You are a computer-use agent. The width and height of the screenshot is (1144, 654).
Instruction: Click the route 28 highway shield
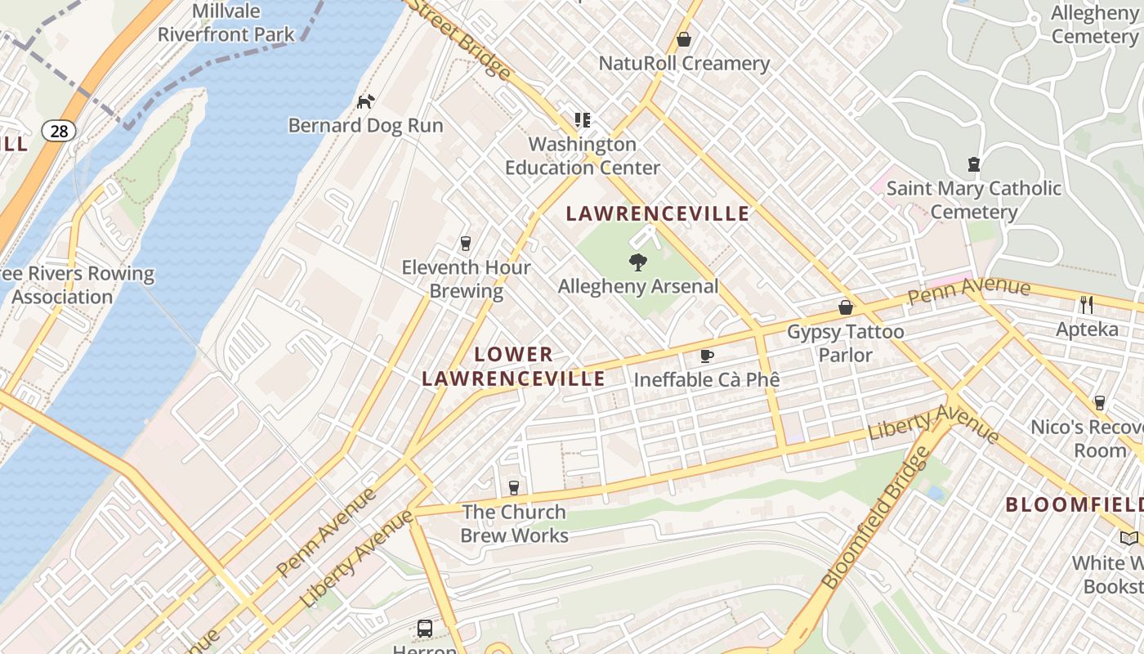tap(59, 131)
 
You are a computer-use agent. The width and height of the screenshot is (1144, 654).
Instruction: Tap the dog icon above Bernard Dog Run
tap(366, 101)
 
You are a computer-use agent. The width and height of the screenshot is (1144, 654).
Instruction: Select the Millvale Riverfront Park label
tap(226, 23)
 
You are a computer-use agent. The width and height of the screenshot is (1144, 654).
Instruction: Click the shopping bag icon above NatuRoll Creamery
tap(684, 39)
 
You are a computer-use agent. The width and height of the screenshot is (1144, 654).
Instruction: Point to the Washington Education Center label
tap(583, 155)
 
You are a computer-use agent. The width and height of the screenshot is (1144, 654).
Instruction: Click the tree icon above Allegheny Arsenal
tap(637, 262)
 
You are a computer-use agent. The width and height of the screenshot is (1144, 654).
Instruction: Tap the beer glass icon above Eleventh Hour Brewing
tap(466, 243)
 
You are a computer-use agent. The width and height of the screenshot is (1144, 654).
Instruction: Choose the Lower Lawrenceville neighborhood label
tap(513, 366)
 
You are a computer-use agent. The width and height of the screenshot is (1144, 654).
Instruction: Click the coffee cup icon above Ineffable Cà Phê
tap(707, 356)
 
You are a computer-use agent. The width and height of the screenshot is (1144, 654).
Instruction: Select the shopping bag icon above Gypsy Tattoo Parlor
tap(846, 307)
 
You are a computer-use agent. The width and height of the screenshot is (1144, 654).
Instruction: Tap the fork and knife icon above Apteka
tap(1086, 305)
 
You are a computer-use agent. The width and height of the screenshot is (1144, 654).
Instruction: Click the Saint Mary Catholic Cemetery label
tap(974, 199)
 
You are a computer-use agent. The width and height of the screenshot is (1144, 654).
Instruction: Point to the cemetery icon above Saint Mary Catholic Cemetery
tap(973, 164)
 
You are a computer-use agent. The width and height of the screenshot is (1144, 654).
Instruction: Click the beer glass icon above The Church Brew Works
tap(514, 488)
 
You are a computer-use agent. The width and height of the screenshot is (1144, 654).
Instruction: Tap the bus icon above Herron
tap(425, 629)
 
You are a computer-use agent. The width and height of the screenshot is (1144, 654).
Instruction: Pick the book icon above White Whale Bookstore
tap(1129, 538)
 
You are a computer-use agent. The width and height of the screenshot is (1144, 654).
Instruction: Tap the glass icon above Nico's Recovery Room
tap(1099, 403)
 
